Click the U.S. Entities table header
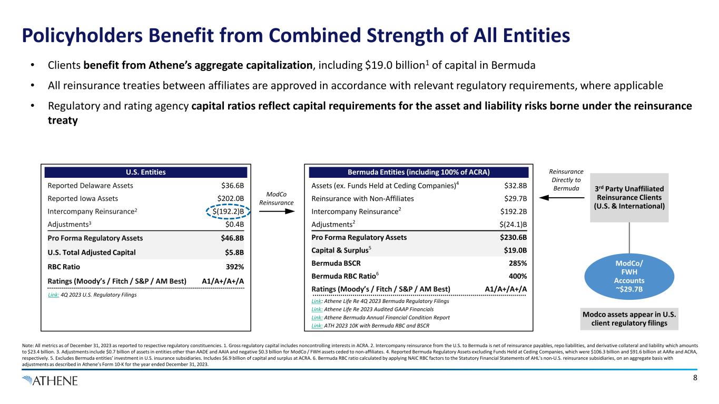[146, 172]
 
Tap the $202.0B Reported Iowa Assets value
[228, 199]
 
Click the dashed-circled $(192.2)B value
[228, 212]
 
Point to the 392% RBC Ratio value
[234, 266]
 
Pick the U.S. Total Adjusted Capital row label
[92, 252]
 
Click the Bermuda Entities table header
[418, 172]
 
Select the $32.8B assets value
[514, 186]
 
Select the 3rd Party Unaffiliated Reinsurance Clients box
[629, 197]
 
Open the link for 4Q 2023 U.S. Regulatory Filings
[54, 295]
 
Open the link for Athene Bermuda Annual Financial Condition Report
[318, 317]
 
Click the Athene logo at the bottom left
[50, 380]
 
